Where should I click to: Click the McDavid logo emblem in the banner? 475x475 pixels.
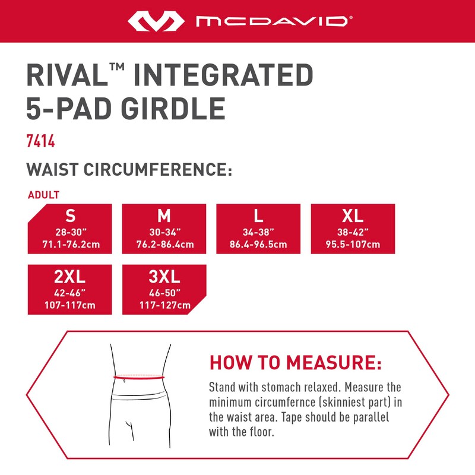156,22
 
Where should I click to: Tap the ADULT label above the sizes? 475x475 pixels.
43,195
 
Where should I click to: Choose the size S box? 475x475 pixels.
70,229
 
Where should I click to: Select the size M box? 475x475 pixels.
164,229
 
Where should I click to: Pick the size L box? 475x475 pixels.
258,229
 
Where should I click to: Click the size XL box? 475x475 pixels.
353,229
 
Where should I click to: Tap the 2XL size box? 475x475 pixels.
70,289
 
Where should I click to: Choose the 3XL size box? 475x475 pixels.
164,289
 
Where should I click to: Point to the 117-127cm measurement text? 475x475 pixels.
164,306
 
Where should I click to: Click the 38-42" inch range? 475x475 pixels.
353,232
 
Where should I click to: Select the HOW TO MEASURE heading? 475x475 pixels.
295,362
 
